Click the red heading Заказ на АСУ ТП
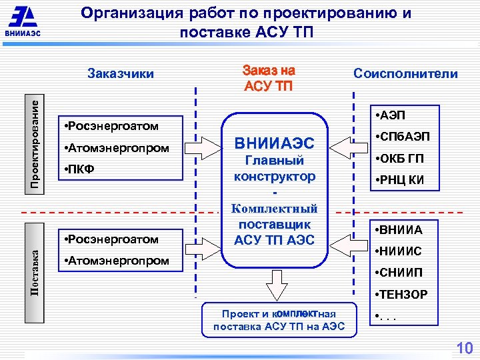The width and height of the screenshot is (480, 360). (269, 77)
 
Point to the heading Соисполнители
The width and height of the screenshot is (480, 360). (405, 73)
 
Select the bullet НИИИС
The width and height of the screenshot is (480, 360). (399, 251)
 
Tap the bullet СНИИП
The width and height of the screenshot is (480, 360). (399, 273)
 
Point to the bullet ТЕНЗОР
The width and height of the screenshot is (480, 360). (401, 294)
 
